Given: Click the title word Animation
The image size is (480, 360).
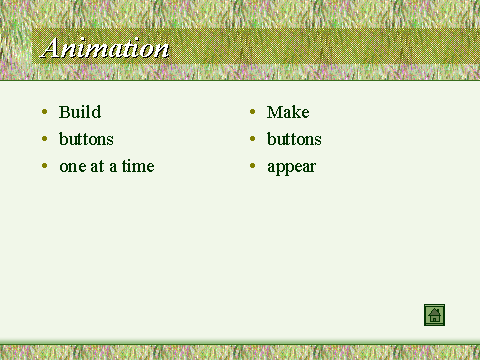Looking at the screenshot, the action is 105,48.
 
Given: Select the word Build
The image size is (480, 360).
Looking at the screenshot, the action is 80,112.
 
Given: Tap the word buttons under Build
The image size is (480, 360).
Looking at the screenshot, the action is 86,139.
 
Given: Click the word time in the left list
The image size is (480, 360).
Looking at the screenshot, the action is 138,166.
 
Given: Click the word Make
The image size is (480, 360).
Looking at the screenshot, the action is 288,112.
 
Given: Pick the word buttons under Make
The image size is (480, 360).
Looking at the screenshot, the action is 294,139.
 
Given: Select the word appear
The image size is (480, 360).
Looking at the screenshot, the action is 292,168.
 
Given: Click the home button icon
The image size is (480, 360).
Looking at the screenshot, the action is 434,315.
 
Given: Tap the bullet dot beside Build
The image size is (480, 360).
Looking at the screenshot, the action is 45,112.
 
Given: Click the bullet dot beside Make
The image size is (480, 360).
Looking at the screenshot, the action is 253,112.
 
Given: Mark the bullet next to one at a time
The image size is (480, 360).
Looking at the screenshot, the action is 45,166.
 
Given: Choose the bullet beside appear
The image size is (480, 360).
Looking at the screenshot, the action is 253,166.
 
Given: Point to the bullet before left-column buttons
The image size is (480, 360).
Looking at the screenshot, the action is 45,139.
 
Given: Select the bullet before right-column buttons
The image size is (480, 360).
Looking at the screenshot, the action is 253,139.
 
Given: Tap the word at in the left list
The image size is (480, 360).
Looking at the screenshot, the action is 97,167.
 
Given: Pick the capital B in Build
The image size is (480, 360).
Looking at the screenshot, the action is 65,112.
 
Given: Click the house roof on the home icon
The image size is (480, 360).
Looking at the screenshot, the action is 434,312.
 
